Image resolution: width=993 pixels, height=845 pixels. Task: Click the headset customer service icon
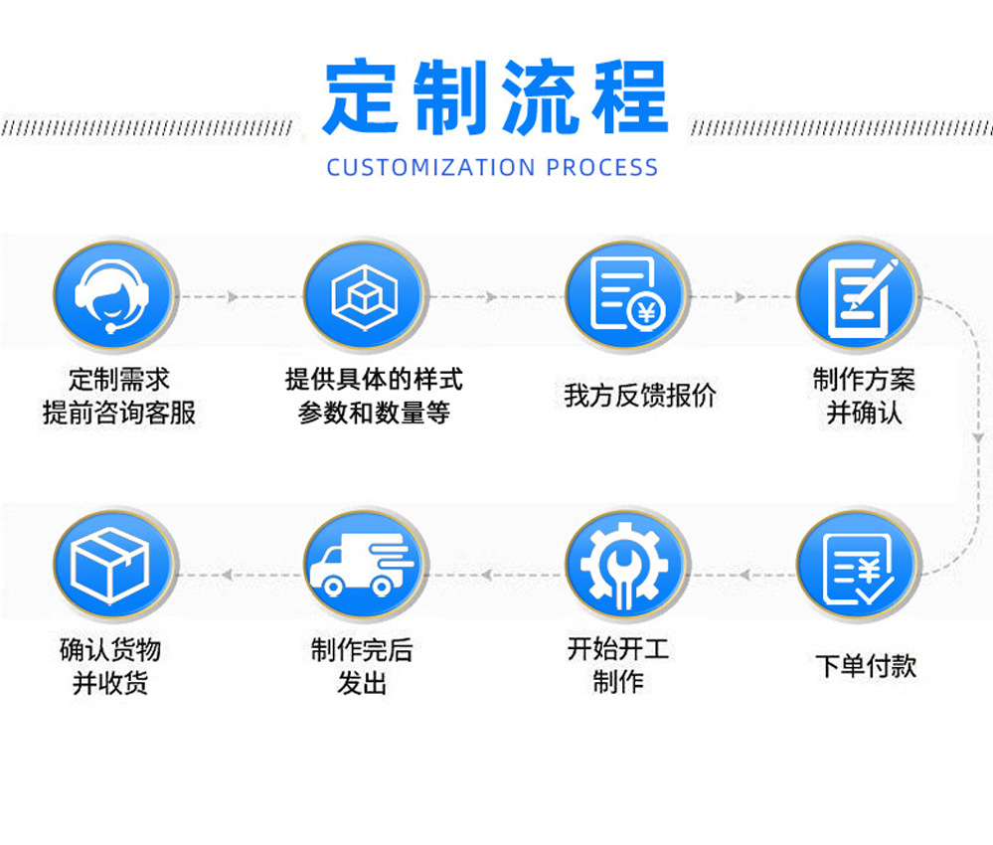(x=113, y=296)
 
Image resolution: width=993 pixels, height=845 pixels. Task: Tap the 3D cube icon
(x=364, y=296)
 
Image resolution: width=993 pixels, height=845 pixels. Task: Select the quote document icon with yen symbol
(x=625, y=296)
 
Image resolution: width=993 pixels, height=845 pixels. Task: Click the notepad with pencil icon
(x=859, y=296)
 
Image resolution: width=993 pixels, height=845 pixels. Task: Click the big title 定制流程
(x=495, y=97)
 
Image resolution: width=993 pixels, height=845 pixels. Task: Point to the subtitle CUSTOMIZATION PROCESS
(x=493, y=167)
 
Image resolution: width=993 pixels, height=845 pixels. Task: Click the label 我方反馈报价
(x=639, y=396)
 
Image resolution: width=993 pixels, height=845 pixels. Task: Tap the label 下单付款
(x=865, y=666)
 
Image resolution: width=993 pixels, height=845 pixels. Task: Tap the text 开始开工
(x=618, y=650)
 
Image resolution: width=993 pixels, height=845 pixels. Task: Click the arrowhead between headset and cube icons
(x=233, y=297)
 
